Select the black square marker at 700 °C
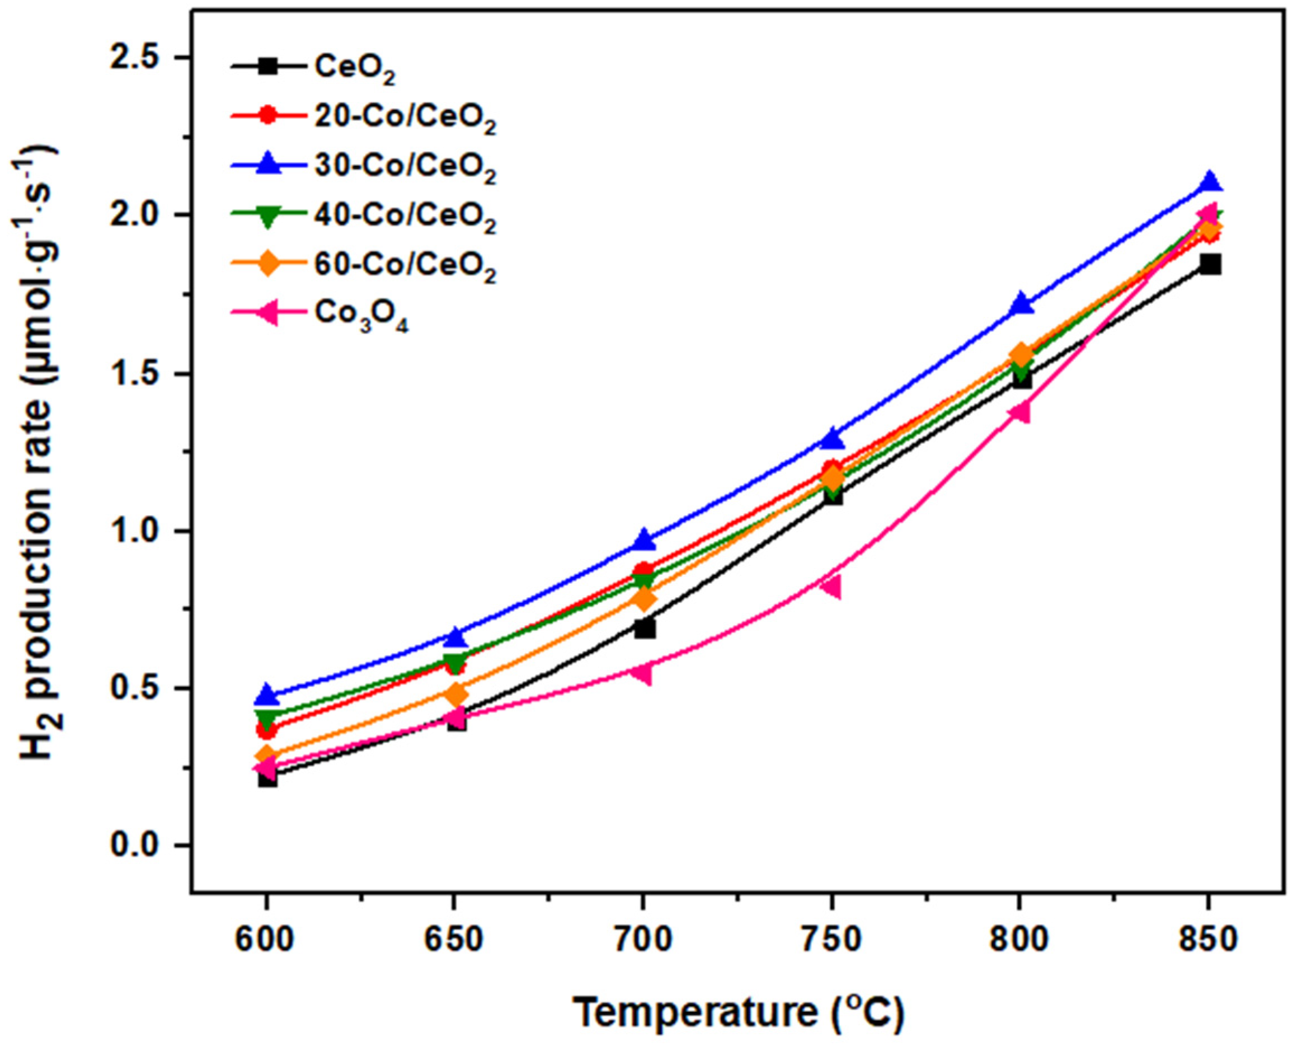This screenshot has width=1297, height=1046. tap(644, 628)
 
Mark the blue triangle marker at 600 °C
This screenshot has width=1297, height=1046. tap(267, 695)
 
